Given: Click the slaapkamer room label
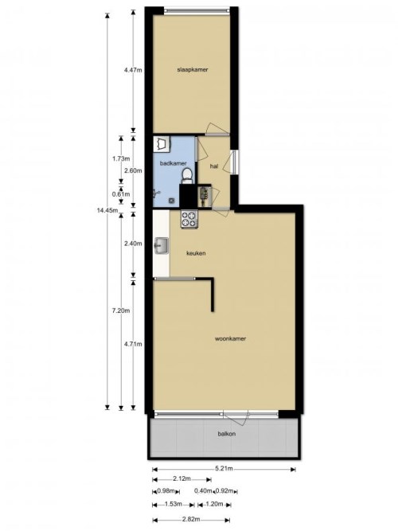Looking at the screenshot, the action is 193,70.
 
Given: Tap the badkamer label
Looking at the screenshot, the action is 173,163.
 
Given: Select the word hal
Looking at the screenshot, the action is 214,166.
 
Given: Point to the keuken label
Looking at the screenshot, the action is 196,253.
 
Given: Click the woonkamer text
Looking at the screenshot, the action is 230,338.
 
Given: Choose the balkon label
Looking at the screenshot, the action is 227,434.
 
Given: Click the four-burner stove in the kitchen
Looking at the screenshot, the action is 189,219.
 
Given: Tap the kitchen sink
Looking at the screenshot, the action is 162,246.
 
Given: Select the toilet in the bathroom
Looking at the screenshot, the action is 186,175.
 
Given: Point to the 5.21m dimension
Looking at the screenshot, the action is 224,469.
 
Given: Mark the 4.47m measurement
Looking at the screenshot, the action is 133,70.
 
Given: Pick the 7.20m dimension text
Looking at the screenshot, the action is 121,310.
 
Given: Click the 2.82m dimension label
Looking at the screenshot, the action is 191,520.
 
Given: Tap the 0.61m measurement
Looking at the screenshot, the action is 121,194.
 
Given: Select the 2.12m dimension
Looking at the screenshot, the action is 181,478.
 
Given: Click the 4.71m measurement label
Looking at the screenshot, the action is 133,345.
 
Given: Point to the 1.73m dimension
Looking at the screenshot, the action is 121,158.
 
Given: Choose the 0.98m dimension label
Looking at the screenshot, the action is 166,491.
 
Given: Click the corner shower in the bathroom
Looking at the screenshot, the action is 162,143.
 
